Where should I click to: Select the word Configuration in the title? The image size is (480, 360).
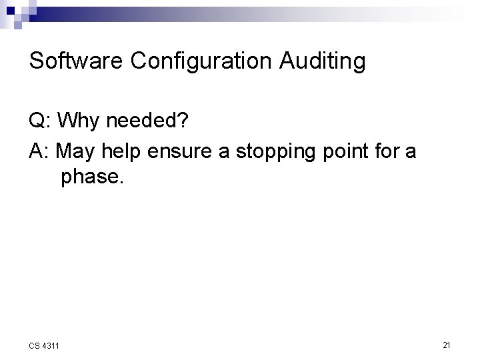204,61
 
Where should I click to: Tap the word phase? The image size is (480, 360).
89,179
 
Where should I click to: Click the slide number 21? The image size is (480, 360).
447,345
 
